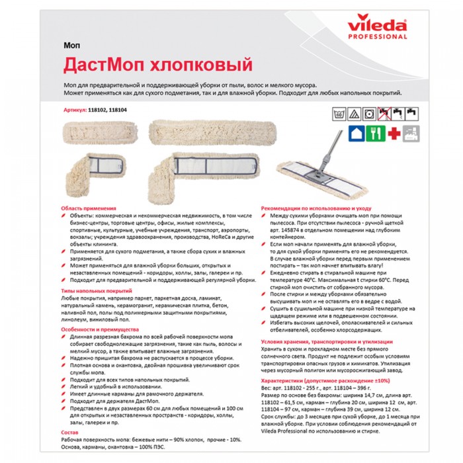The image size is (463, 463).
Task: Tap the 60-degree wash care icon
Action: pyautogui.click(x=337, y=114)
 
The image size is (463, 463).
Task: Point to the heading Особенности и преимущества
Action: pyautogui.click(x=99, y=329)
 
